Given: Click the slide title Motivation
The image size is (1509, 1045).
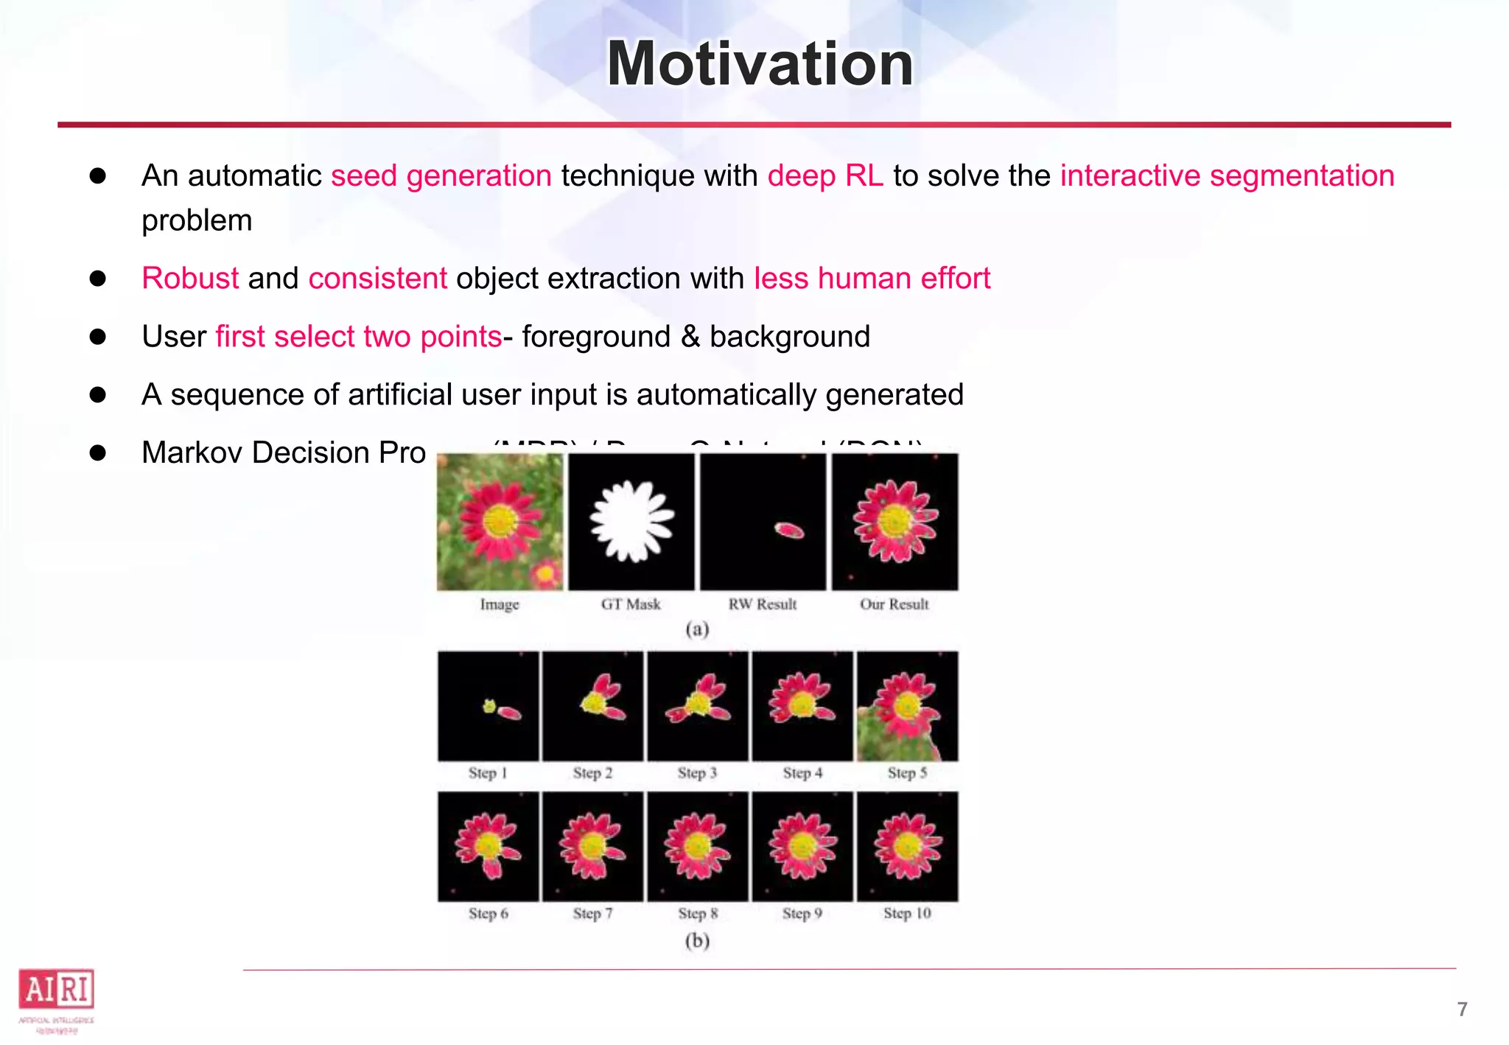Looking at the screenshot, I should [x=759, y=64].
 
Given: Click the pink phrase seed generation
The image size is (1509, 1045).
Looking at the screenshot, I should [x=441, y=176].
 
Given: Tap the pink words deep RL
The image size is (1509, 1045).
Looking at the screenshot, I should [x=824, y=176].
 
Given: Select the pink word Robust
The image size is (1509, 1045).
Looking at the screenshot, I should [x=190, y=279].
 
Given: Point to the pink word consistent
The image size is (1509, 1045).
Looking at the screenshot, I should [x=377, y=279].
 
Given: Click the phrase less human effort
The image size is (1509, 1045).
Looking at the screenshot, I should [x=872, y=279].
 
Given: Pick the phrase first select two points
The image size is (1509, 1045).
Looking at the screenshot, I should [x=358, y=337].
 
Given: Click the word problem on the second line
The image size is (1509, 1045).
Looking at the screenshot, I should [x=197, y=220].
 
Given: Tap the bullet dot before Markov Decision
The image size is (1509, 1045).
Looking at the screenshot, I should [x=98, y=452].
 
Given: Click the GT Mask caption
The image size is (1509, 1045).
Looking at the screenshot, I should [x=631, y=604].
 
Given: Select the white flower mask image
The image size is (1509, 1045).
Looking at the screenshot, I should [x=631, y=521].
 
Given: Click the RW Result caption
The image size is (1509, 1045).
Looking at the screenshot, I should [x=763, y=604].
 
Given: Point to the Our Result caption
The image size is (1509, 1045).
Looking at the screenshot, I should [x=894, y=604].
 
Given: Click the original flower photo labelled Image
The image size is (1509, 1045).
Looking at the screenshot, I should [x=500, y=521].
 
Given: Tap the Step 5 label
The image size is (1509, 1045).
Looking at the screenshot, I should [x=907, y=773].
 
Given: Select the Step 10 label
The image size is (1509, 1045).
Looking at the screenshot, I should [x=907, y=914].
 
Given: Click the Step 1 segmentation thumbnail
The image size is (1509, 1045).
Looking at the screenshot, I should [x=488, y=706].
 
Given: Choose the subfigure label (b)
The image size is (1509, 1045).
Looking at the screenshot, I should [x=697, y=941].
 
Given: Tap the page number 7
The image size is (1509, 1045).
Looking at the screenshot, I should [x=1463, y=1009].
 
